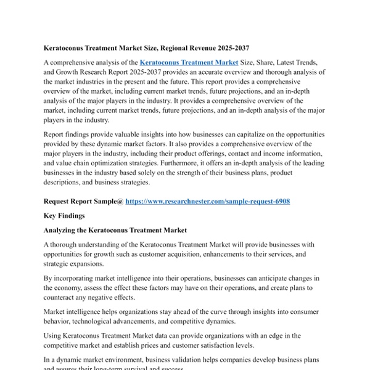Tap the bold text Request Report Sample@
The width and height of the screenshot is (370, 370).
click(x=83, y=201)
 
